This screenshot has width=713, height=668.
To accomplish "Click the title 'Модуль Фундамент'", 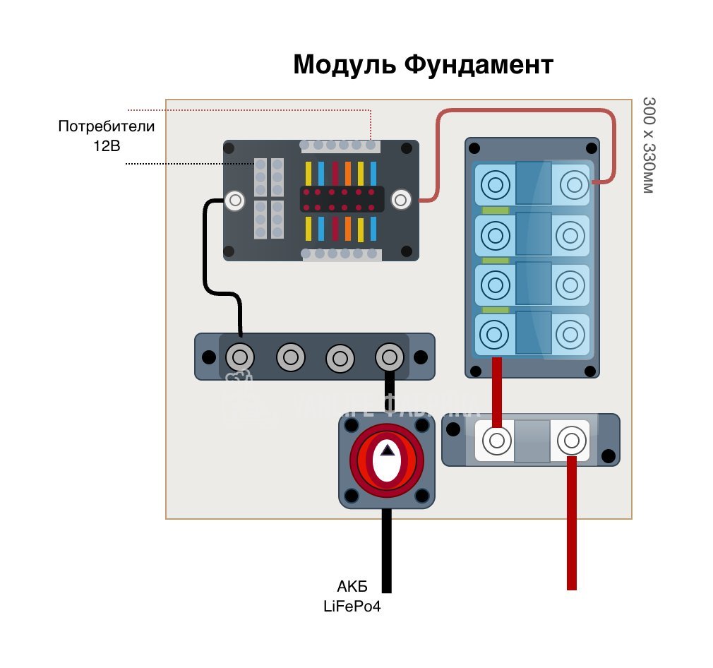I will tap(423, 65).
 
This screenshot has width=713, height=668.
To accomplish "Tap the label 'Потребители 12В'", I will tap(106, 135).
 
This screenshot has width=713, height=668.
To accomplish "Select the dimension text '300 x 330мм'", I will tap(649, 145).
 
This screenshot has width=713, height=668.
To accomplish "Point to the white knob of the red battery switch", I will tap(386, 462).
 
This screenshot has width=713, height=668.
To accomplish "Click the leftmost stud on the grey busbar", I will tap(239, 357).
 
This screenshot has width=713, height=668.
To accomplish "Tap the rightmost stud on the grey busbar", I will tap(388, 357).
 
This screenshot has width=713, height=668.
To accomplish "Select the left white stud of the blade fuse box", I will tap(234, 201).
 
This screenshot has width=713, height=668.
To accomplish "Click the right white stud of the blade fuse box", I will tap(401, 200).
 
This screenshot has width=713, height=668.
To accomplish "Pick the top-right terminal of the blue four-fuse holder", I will tap(571, 186).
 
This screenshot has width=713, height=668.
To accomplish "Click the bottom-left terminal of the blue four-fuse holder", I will tap(495, 333).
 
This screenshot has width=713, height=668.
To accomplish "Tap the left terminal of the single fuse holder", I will tap(496, 441).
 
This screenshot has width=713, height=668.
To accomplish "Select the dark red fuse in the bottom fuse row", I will tap(335, 227).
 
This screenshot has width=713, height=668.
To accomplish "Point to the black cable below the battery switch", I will tap(386, 551).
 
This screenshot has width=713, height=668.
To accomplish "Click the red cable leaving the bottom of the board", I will tap(572, 537).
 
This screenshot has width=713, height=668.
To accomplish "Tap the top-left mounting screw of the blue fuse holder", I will tap(474, 149).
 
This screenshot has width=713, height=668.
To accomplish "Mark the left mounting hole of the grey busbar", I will tap(208, 357).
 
